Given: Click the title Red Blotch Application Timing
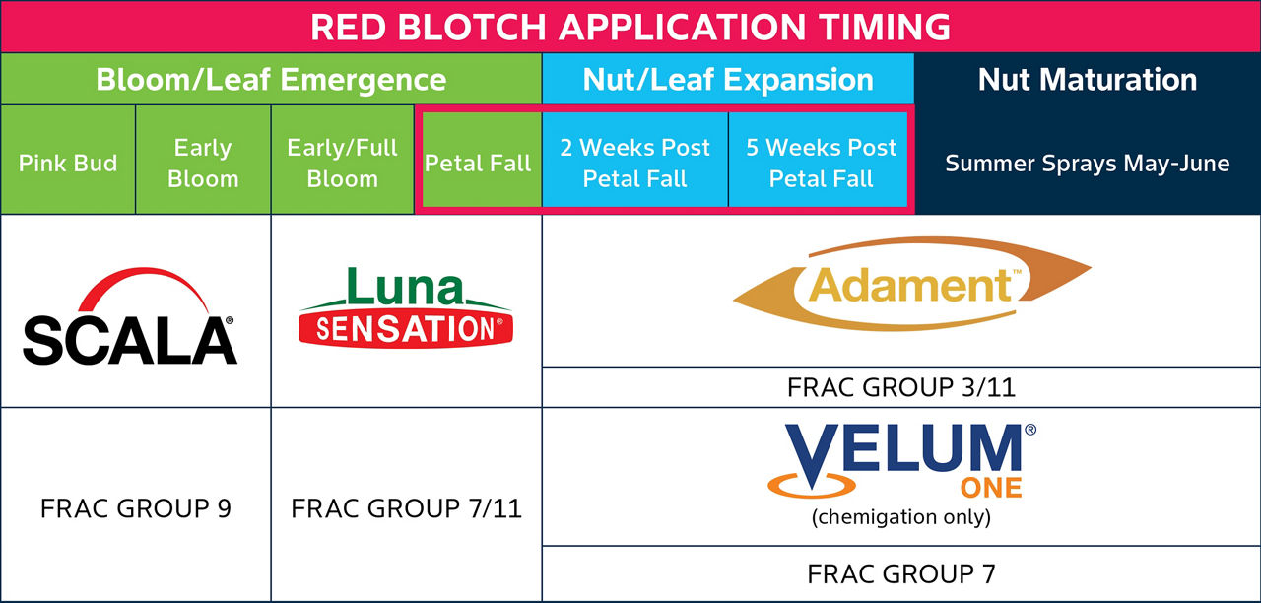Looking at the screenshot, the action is (x=630, y=27).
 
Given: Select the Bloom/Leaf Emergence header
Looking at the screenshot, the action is (x=271, y=80).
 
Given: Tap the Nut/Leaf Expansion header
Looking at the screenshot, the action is (x=728, y=80).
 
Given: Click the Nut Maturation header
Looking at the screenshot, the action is (x=1088, y=80).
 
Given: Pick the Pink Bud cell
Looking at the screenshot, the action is (x=68, y=163).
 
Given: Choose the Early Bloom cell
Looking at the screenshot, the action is (x=203, y=163).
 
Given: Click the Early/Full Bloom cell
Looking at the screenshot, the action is (x=342, y=163).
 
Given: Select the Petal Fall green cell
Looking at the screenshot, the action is (x=479, y=163).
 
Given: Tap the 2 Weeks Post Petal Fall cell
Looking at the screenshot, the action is (x=634, y=163).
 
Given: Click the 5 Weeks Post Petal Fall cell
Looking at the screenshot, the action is (x=821, y=163).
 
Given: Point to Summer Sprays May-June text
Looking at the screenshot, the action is (x=1088, y=164).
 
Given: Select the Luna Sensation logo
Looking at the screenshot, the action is (x=406, y=307).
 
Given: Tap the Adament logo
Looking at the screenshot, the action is (x=911, y=285).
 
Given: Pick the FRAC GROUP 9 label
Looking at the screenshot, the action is (x=136, y=508).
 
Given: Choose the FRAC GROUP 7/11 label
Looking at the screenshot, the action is (x=406, y=508).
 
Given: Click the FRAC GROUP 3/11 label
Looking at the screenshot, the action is (x=901, y=387).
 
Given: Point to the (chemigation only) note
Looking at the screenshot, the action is (x=901, y=516).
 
